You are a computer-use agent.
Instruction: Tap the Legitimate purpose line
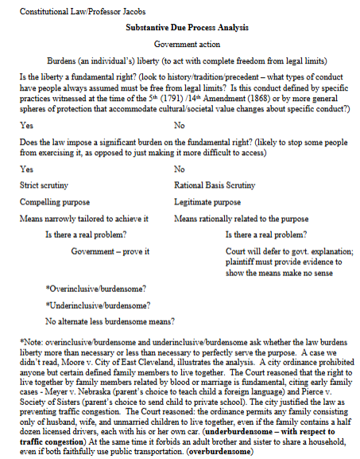[x=207, y=202]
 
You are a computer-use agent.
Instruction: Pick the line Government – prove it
[x=106, y=251]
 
